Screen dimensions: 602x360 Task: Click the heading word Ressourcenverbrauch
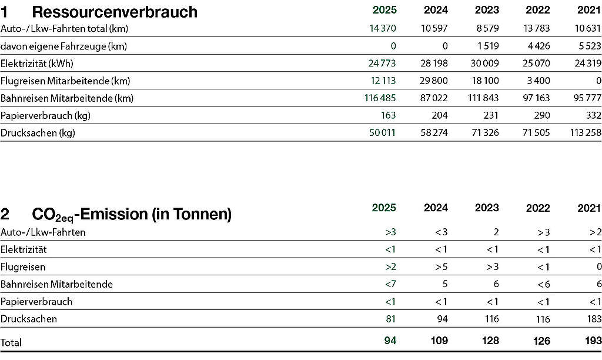pyautogui.click(x=115, y=12)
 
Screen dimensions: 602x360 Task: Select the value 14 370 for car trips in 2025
pyautogui.click(x=382, y=28)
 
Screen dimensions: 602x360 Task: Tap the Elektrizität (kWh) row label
pyautogui.click(x=37, y=64)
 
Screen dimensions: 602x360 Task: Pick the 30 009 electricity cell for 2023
pyautogui.click(x=484, y=63)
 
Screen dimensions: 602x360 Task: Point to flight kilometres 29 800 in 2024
pyautogui.click(x=434, y=81)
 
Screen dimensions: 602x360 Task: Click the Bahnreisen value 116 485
pyautogui.click(x=380, y=98)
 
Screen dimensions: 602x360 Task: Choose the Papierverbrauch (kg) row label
pyautogui.click(x=45, y=116)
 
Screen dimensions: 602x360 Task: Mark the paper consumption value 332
pyautogui.click(x=593, y=115)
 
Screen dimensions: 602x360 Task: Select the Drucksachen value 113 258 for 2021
pyautogui.click(x=586, y=132)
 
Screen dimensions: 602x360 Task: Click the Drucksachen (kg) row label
pyautogui.click(x=38, y=133)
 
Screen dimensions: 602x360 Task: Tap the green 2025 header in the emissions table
pyautogui.click(x=384, y=208)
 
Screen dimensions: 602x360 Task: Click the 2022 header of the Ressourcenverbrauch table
pyautogui.click(x=537, y=10)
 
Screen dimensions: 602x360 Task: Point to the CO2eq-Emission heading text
pyautogui.click(x=132, y=214)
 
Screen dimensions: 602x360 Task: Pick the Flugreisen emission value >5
pyautogui.click(x=441, y=266)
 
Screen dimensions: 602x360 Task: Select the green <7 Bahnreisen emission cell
pyautogui.click(x=390, y=284)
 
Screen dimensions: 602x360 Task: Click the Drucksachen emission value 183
pyautogui.click(x=594, y=319)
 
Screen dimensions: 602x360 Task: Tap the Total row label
pyautogui.click(x=11, y=342)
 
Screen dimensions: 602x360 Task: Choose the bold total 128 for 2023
pyautogui.click(x=491, y=341)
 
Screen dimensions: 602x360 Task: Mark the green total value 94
pyautogui.click(x=390, y=341)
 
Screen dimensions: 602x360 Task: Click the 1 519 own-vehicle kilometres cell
pyautogui.click(x=488, y=46)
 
